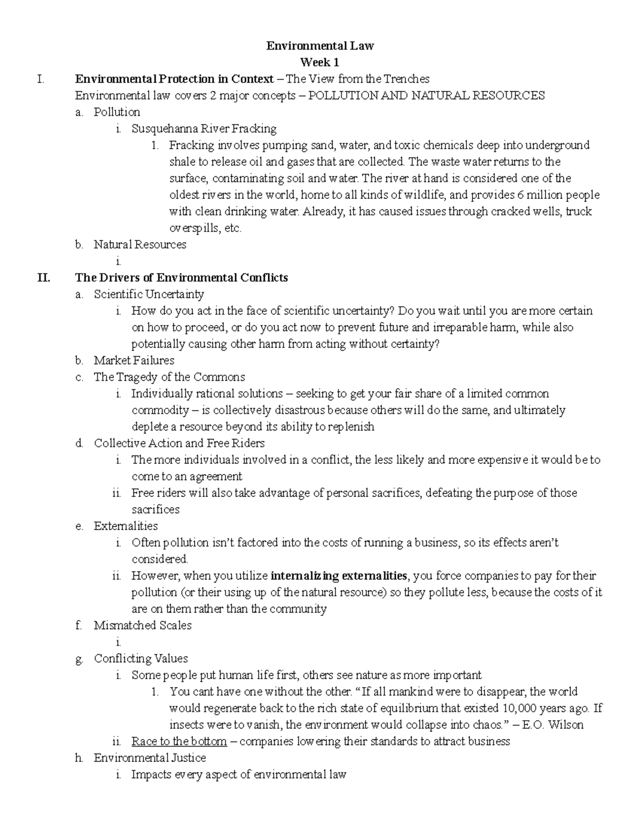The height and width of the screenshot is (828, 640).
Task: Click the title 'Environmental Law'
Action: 320,46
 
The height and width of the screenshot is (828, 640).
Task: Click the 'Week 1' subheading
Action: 320,62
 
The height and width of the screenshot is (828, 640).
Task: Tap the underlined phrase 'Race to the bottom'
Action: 179,741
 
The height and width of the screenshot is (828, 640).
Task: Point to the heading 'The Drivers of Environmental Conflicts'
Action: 181,278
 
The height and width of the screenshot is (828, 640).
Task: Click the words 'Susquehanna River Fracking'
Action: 204,128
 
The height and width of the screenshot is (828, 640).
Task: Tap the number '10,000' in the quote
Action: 520,708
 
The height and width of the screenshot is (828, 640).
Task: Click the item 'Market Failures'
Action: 134,360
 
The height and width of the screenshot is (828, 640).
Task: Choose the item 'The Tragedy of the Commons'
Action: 169,377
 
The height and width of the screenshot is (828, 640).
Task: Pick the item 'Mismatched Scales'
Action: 142,625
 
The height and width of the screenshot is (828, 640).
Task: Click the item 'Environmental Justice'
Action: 150,758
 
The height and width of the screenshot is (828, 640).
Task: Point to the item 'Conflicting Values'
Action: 141,658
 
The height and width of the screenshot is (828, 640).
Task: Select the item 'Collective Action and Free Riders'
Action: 179,443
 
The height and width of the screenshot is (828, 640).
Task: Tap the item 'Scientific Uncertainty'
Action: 149,294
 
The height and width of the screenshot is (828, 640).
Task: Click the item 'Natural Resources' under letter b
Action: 140,245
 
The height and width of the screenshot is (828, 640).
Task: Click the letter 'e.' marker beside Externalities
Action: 79,526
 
